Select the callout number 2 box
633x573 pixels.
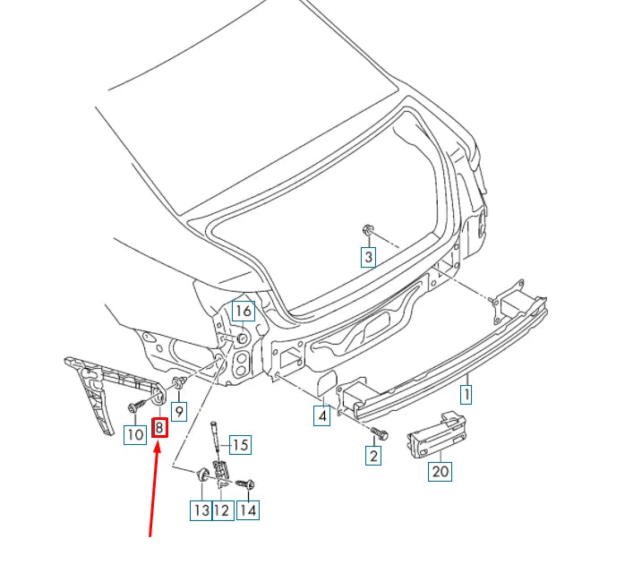tap(372, 456)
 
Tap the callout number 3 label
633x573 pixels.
tap(368, 258)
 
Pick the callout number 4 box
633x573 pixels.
tap(321, 415)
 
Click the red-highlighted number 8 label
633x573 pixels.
tap(159, 427)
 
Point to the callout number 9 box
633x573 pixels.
tap(179, 412)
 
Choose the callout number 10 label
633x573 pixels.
tap(133, 435)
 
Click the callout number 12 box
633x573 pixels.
tap(221, 510)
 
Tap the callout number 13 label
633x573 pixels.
tap(199, 510)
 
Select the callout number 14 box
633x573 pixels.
tap(247, 510)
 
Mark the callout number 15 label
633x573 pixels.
tap(240, 445)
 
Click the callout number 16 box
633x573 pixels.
tap(243, 311)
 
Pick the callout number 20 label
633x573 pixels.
tap(439, 471)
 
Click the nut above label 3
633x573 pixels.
tap(367, 231)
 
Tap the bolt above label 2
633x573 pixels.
tap(379, 433)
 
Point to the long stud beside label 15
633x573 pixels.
tap(216, 439)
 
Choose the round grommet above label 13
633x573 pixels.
tap(203, 473)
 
